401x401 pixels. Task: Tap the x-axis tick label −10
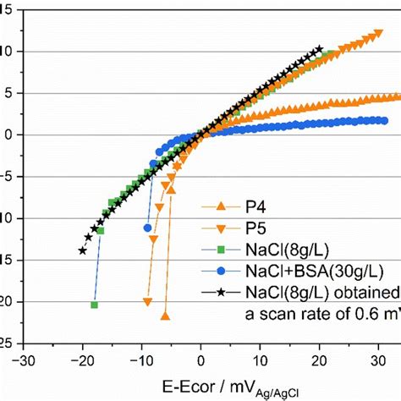[141, 356]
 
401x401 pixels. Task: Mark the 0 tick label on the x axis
[201, 356]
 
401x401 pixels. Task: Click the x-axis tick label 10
[260, 356]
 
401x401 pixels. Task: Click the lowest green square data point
[94, 305]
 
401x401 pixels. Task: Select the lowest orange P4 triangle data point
[165, 316]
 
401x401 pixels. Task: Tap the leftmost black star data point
[83, 250]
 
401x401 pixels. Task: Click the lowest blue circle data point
[148, 228]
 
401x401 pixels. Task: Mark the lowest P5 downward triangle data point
[148, 302]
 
